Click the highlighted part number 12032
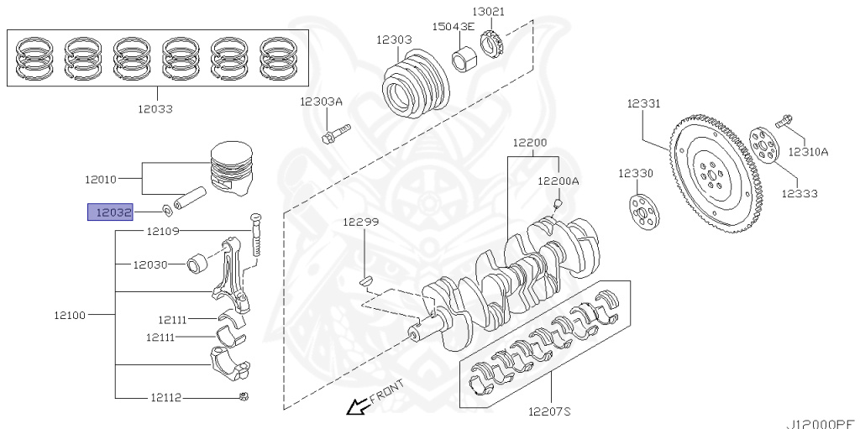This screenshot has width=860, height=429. [x=110, y=212]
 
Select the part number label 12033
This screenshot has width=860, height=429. [x=155, y=108]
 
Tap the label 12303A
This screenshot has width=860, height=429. [x=322, y=102]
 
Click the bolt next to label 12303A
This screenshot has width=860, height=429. [x=335, y=133]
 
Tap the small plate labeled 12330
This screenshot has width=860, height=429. [x=642, y=211]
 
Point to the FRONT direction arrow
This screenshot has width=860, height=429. [x=359, y=407]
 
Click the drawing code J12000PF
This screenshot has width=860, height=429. [x=821, y=423]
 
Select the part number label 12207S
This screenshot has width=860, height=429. [x=549, y=411]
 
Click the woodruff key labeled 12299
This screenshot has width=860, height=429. [x=365, y=280]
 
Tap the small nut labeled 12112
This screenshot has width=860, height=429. [x=243, y=396]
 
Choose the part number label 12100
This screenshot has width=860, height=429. [x=70, y=315]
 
